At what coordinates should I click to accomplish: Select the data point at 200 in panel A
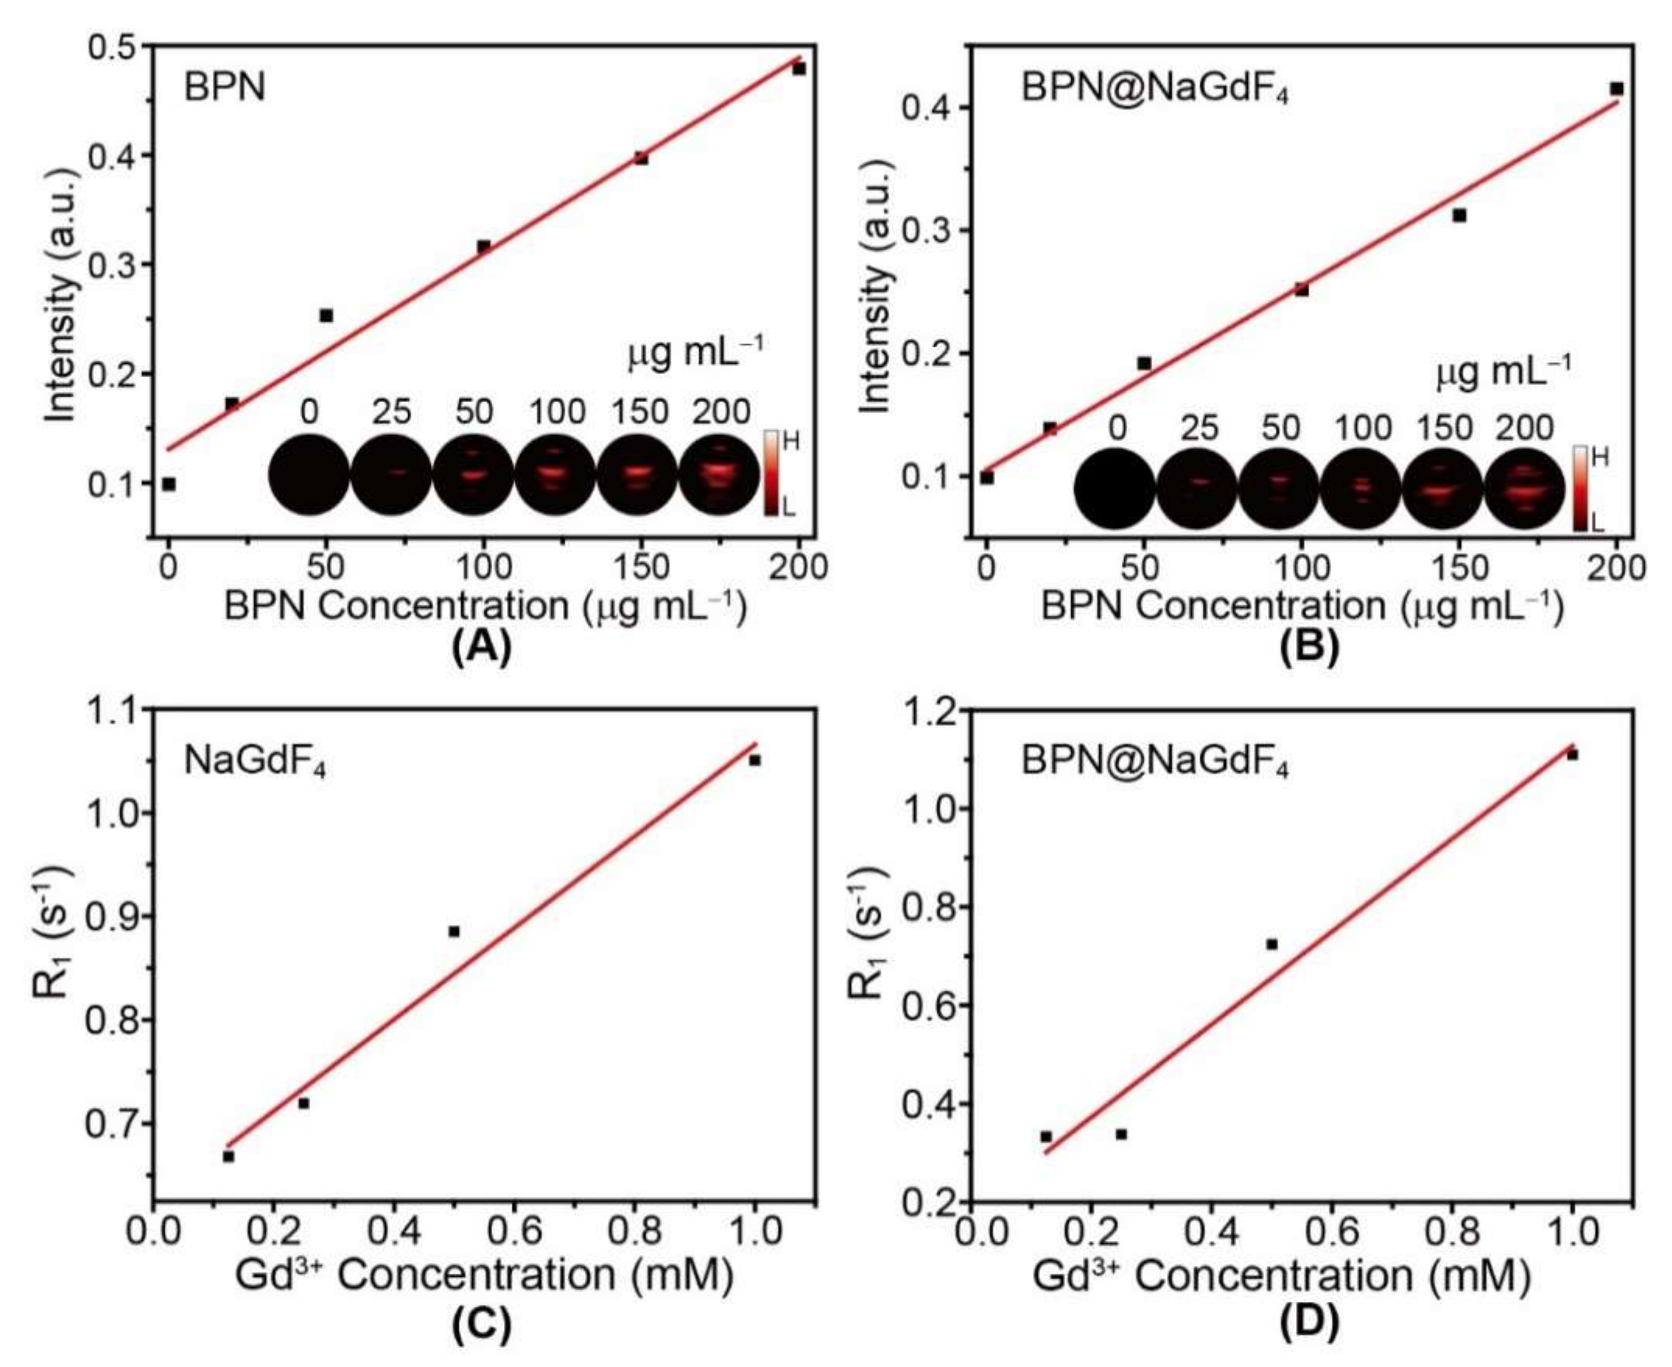click(799, 69)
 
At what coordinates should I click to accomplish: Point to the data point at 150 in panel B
click(1459, 215)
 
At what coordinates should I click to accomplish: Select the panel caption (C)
click(481, 1326)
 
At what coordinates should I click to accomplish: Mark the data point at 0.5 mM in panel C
click(453, 931)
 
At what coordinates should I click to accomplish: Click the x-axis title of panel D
click(1281, 1276)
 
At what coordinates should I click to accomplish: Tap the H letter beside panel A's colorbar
click(790, 442)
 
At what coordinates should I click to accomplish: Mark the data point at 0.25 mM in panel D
click(1121, 1134)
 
